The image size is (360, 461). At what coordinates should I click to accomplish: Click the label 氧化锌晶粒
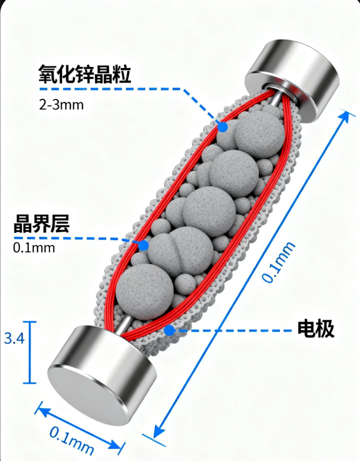point(85,74)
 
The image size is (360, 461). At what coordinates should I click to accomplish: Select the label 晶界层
point(41,224)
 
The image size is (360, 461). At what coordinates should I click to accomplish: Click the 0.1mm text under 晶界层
point(33,248)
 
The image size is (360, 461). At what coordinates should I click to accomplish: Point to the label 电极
point(316,329)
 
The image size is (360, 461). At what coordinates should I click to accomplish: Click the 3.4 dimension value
point(14,339)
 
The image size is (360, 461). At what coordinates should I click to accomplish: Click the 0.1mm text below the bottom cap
point(71,440)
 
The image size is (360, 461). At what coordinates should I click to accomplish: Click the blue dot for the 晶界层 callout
point(143,245)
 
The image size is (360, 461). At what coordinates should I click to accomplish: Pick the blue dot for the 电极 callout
point(169,330)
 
